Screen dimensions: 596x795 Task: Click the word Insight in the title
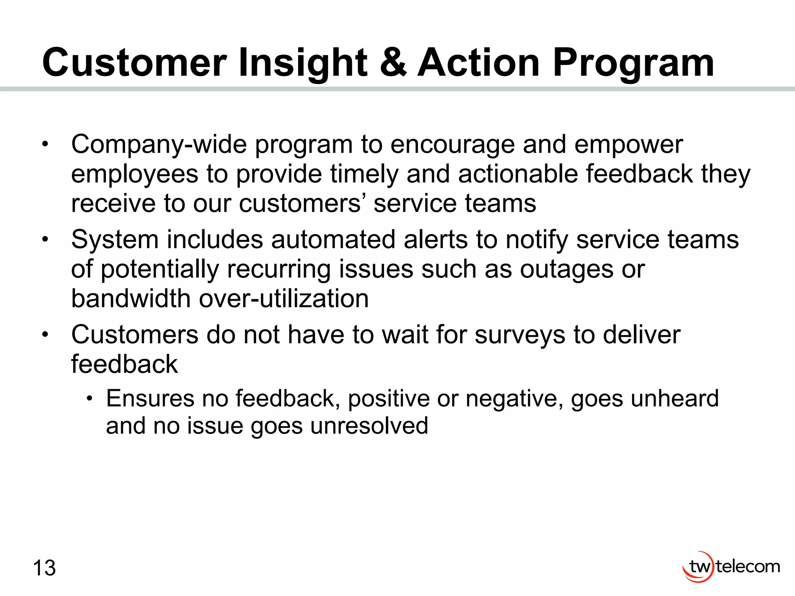303,63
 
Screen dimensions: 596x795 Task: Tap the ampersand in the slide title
393,62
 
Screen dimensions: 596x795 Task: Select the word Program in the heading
633,63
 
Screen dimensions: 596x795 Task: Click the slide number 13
44,568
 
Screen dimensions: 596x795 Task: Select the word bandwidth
131,298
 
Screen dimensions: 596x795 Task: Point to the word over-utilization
283,298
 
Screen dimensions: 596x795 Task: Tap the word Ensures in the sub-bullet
150,398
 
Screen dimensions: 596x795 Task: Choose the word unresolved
369,426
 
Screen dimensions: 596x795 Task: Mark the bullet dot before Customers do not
45,334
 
